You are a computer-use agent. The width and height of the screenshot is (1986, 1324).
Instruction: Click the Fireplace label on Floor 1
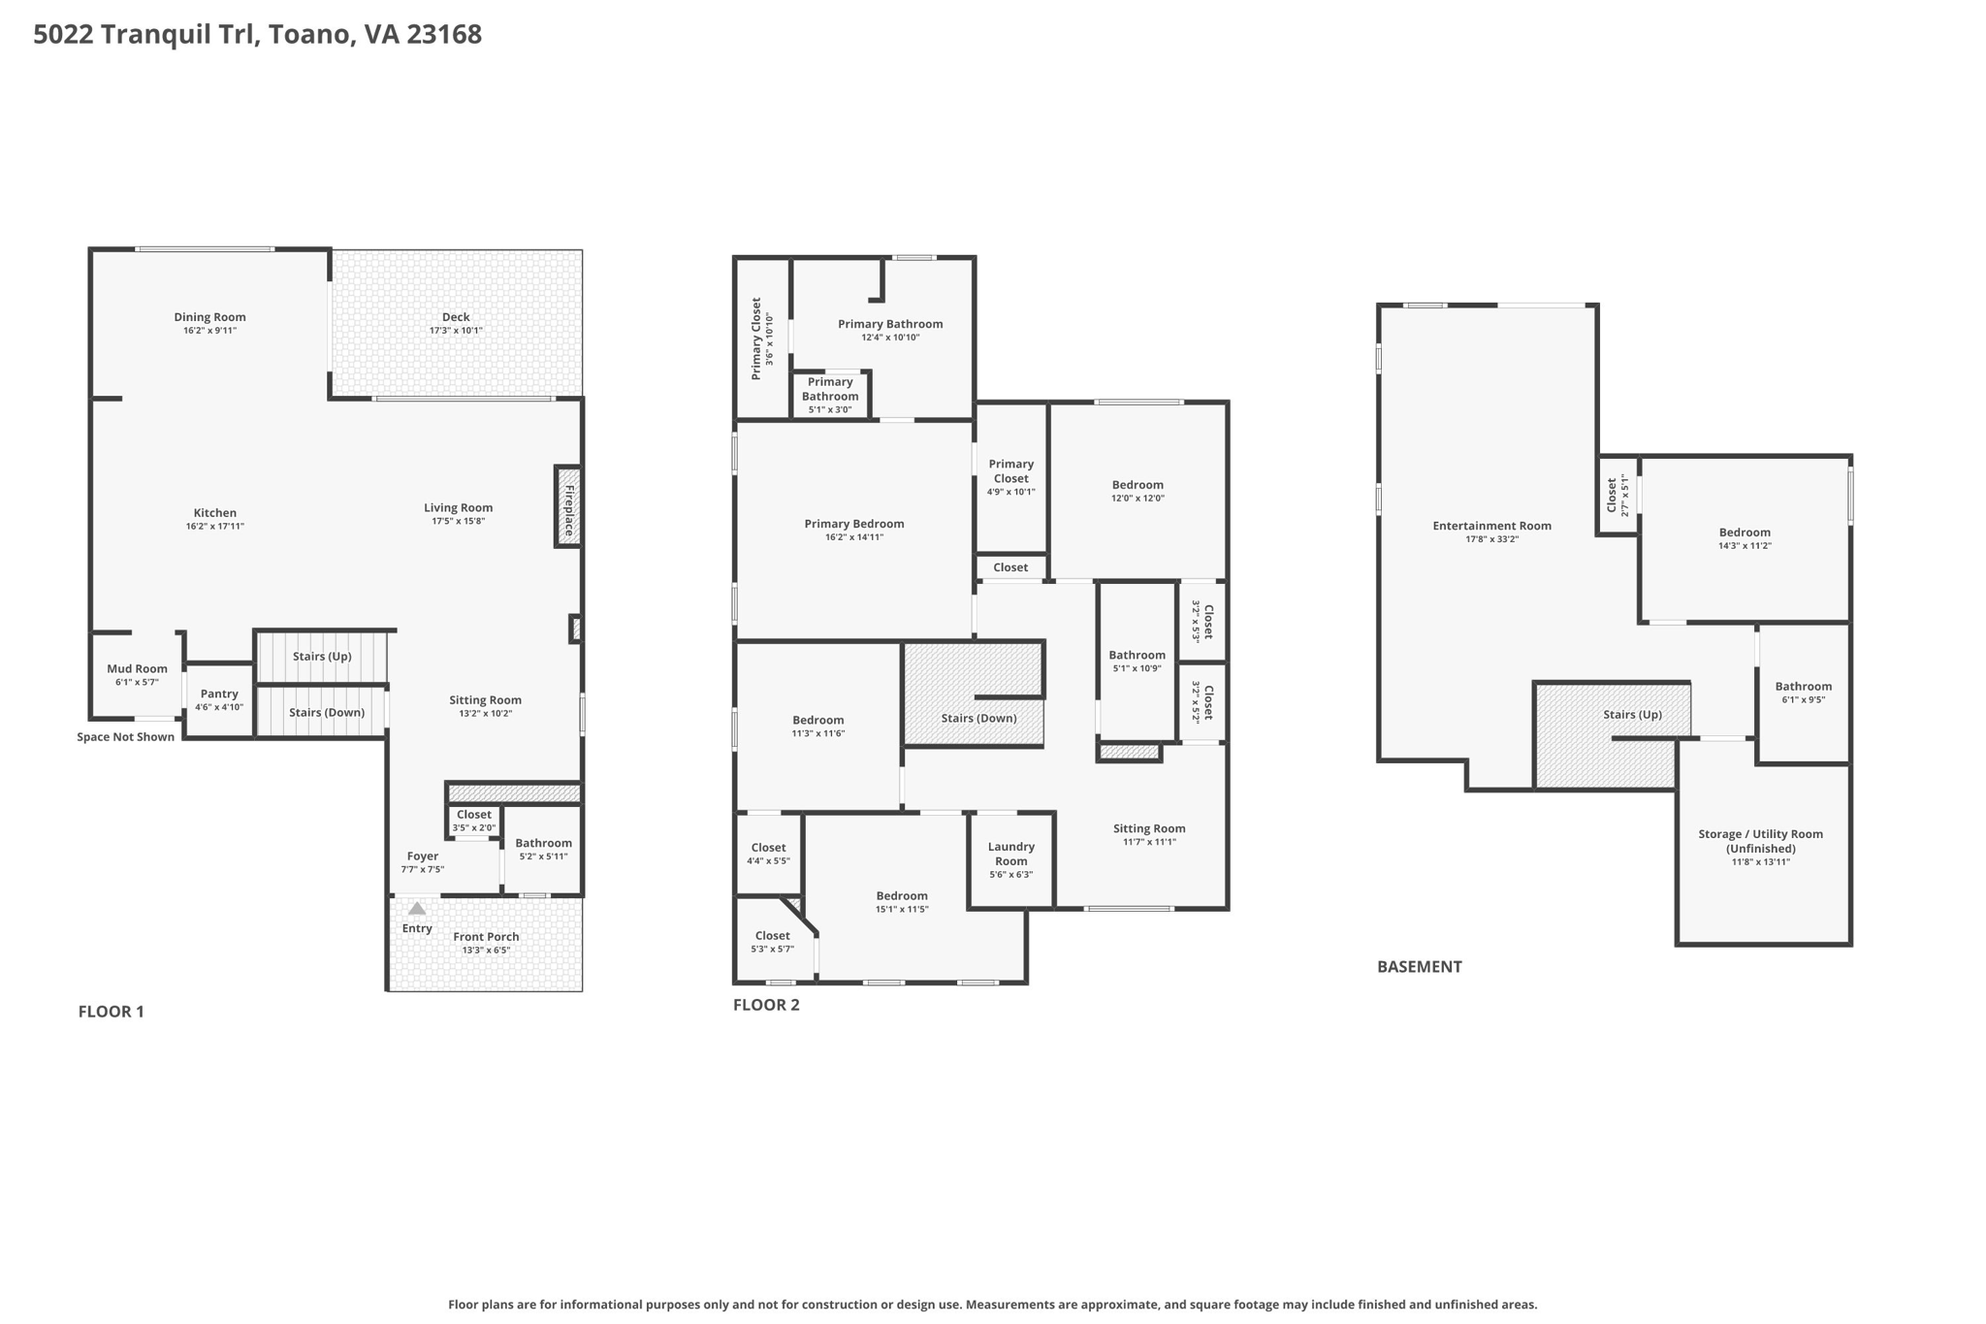tap(569, 507)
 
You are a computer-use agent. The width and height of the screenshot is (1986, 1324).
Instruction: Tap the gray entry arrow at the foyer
tap(417, 909)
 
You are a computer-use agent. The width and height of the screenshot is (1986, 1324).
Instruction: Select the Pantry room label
tap(219, 694)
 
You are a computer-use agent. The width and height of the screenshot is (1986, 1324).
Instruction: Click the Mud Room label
tap(137, 668)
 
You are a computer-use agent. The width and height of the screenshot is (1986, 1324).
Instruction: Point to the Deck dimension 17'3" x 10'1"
tap(456, 331)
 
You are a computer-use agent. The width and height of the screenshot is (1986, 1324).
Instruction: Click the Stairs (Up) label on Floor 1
tap(322, 657)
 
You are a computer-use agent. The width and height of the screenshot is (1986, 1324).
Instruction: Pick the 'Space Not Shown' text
tap(126, 737)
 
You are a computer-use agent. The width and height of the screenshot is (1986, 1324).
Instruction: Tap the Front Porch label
tap(486, 936)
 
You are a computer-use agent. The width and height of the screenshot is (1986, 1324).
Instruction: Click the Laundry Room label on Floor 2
tap(1010, 854)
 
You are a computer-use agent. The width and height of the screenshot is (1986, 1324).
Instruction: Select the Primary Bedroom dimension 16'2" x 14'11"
tap(853, 537)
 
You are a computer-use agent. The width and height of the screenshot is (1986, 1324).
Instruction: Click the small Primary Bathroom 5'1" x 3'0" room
tap(830, 395)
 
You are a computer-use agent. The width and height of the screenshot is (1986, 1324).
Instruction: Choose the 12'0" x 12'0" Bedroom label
tap(1137, 485)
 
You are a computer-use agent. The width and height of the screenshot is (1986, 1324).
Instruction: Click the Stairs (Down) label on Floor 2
tap(978, 718)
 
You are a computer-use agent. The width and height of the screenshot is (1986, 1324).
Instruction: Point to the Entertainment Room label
tap(1491, 526)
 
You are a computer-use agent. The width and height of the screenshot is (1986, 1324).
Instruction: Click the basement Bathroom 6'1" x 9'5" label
tap(1803, 687)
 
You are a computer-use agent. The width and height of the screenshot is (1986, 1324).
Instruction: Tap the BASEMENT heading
tap(1419, 966)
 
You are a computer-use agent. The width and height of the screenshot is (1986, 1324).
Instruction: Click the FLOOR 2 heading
tap(766, 1005)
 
